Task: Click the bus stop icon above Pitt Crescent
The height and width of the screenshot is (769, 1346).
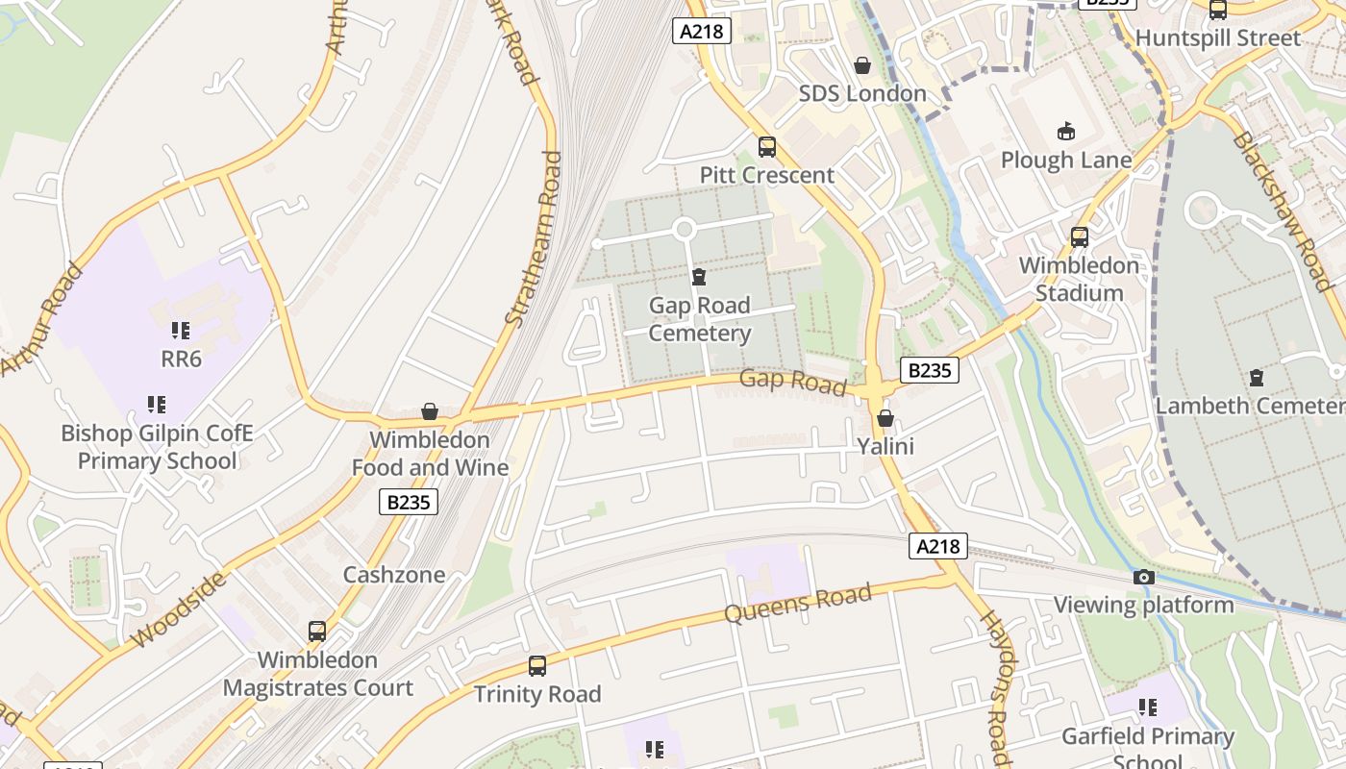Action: pos(767,147)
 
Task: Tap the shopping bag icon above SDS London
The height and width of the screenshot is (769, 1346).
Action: pos(862,65)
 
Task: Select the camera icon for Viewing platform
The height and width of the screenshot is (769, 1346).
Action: pos(1143,577)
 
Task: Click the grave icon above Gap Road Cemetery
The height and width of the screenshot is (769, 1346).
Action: pos(699,278)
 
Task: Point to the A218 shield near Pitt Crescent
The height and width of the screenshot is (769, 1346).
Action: pos(702,32)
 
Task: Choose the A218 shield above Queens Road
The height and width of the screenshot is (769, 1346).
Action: pos(937,546)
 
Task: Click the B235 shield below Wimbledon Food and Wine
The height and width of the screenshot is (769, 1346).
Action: pos(409,501)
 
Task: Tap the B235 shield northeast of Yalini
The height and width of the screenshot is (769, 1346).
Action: pos(929,370)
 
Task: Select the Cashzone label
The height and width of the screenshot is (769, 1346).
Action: pos(394,575)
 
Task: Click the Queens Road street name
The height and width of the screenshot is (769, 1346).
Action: pos(797,603)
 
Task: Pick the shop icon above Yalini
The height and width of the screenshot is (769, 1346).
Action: pos(885,419)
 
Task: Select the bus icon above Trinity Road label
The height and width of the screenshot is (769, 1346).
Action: pos(537,665)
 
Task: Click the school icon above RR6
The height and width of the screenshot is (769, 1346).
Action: pos(181,331)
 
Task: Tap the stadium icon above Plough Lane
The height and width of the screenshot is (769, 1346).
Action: pos(1065,131)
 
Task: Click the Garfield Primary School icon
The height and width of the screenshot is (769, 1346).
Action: pos(1147,708)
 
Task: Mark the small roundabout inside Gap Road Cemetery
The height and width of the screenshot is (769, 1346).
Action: pos(684,230)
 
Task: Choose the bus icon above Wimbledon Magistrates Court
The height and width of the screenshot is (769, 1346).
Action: pos(317,632)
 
